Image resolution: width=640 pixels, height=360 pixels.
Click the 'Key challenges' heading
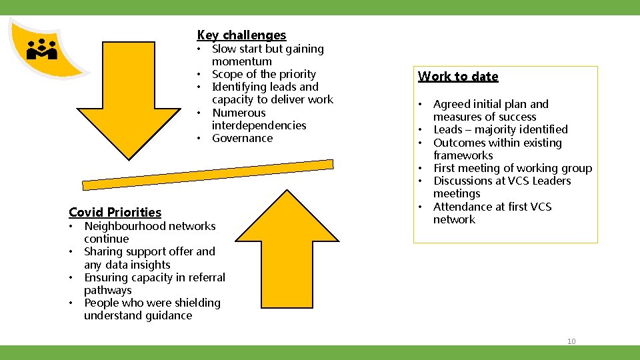[x=241, y=35]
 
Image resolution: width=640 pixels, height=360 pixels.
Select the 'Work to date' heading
[x=458, y=76]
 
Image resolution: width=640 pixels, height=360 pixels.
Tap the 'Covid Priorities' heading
[x=115, y=212]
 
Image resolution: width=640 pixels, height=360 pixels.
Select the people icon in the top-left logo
[x=41, y=49]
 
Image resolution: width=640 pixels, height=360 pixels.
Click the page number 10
[x=571, y=341]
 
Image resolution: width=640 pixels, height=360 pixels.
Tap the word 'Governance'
[x=242, y=138]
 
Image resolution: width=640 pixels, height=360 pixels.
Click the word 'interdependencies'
[x=259, y=125]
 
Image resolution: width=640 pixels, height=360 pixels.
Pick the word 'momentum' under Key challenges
[x=241, y=61]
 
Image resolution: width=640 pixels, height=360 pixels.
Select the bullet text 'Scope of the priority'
[x=263, y=74]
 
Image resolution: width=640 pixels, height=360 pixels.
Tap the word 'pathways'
[x=107, y=290]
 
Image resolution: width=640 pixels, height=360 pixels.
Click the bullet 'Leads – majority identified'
[x=500, y=129]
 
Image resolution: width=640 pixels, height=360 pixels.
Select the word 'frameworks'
[x=463, y=155]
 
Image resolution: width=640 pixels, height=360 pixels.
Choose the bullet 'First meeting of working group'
[x=512, y=168]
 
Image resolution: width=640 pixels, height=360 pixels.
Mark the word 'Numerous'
[x=239, y=113]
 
